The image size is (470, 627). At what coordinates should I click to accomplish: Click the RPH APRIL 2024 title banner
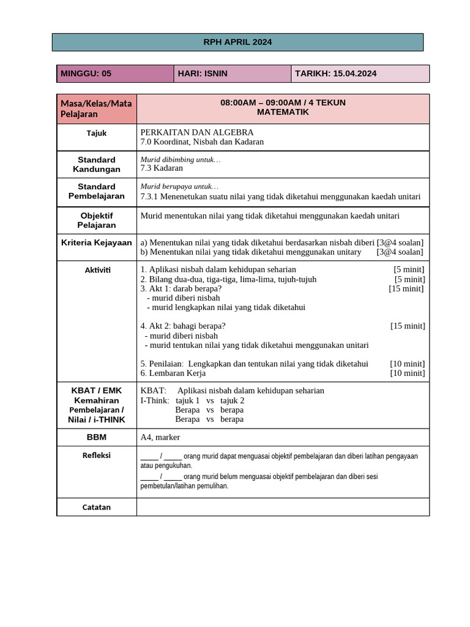[237, 42]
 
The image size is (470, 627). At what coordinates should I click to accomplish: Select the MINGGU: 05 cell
[115, 73]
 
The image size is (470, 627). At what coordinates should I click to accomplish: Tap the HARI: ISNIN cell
[232, 73]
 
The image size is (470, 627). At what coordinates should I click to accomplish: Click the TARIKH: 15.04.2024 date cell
[360, 73]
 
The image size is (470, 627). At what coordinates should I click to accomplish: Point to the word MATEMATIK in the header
[283, 112]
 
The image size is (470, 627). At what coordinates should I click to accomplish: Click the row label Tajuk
[97, 133]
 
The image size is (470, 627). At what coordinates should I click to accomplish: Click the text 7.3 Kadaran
[162, 168]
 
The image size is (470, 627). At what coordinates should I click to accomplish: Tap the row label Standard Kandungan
[97, 164]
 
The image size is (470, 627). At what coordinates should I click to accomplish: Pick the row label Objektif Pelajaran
[97, 220]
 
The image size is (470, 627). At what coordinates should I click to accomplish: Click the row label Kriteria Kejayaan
[97, 243]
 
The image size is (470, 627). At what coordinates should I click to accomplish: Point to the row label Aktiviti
[97, 270]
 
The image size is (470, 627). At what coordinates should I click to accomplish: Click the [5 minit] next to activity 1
[409, 269]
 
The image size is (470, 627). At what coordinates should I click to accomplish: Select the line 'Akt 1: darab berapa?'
[181, 288]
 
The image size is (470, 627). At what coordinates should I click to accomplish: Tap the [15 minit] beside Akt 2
[408, 326]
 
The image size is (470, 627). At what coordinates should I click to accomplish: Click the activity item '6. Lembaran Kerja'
[173, 373]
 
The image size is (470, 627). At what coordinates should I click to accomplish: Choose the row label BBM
[97, 437]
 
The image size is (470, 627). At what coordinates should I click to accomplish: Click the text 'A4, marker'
[160, 437]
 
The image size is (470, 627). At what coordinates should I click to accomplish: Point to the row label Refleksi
[97, 456]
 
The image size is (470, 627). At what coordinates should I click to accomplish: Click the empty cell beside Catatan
[283, 507]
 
